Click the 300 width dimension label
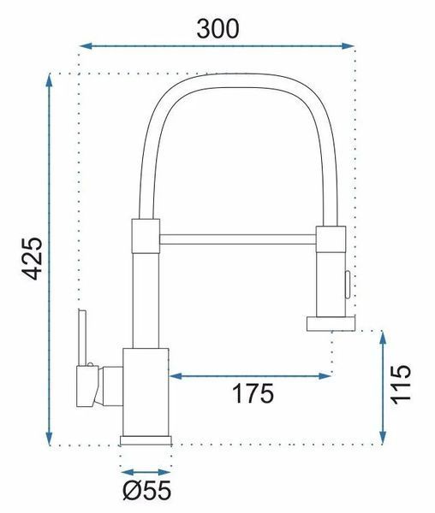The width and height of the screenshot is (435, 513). click(217, 29)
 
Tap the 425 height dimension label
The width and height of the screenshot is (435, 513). click(32, 258)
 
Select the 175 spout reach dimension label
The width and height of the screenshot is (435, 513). click(253, 393)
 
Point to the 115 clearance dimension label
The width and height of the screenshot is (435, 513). click(400, 384)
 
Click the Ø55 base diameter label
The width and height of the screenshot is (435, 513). click(146, 490)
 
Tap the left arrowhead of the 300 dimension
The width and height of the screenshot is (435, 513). click(86, 46)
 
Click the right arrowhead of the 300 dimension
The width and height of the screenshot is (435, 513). click(348, 46)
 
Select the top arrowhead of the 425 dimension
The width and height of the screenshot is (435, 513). click(49, 80)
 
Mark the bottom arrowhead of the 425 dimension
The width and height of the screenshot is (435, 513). click(49, 439)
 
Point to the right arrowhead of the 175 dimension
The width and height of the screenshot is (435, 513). click(325, 376)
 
